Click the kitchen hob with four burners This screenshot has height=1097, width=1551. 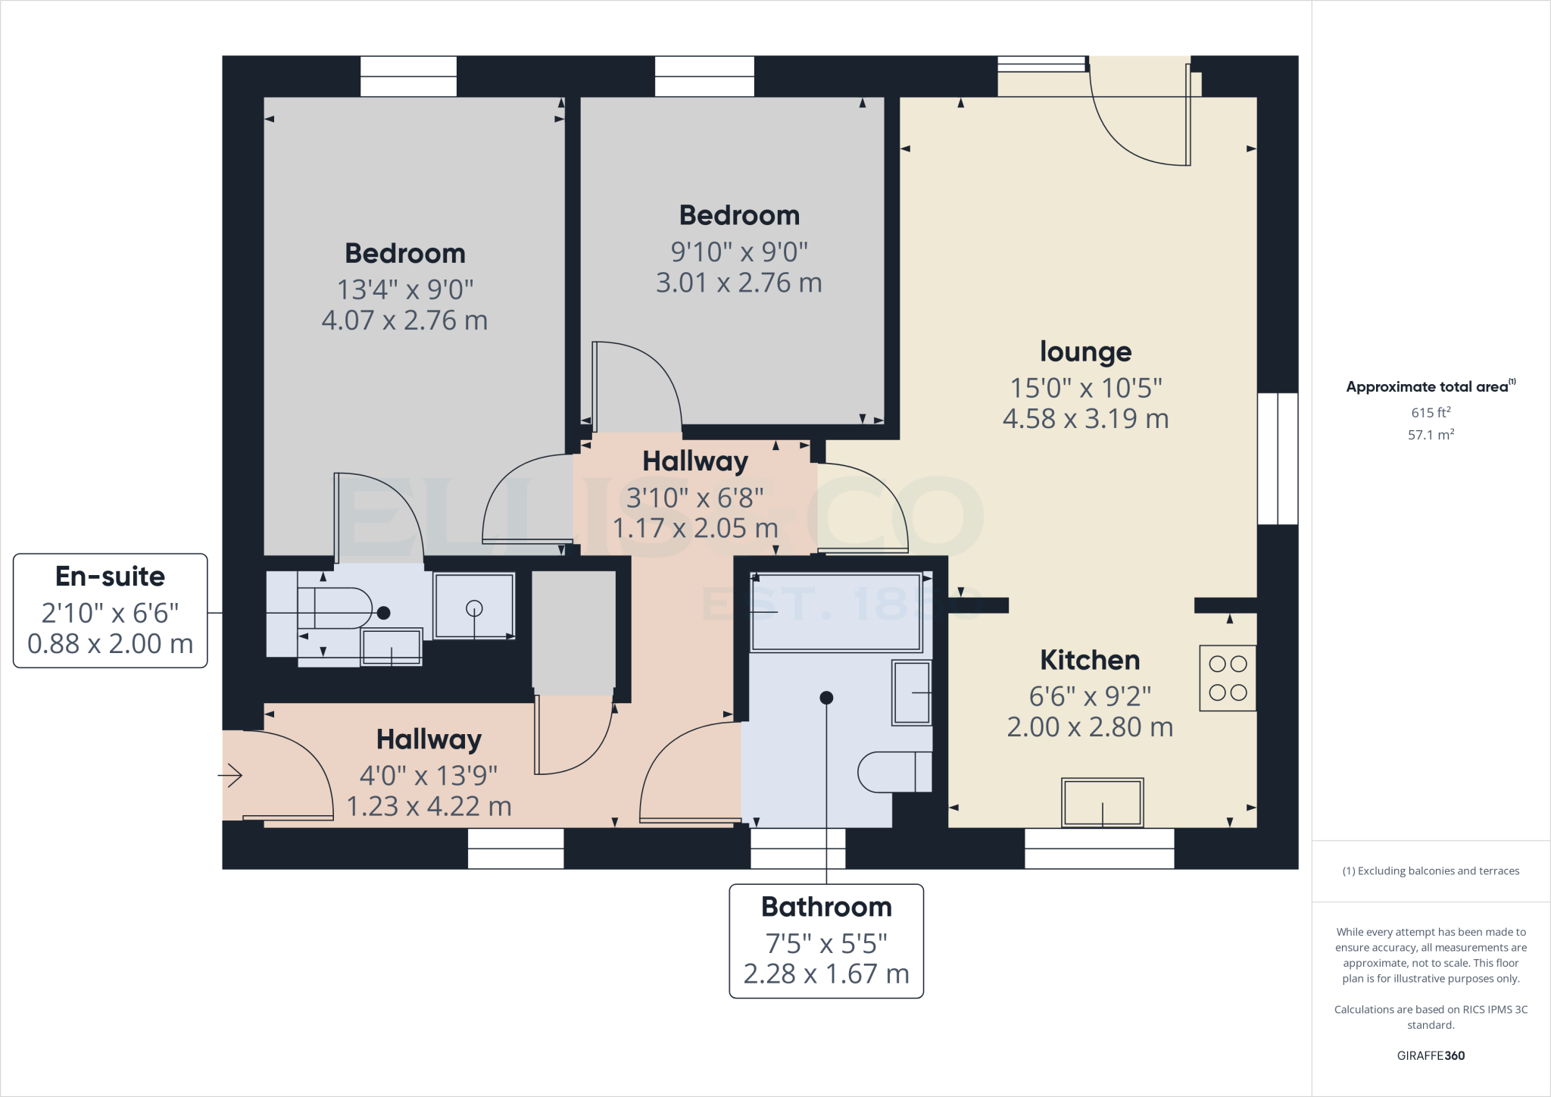[x=1228, y=678]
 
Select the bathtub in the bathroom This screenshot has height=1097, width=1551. [x=835, y=612]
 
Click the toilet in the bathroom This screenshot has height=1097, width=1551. [x=894, y=771]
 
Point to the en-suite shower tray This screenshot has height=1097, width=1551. [x=474, y=606]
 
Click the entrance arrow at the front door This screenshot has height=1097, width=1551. [x=229, y=775]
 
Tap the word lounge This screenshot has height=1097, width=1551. [x=1085, y=352]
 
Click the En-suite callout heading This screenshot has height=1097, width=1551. [x=111, y=577]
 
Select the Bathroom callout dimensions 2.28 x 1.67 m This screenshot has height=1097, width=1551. [x=825, y=974]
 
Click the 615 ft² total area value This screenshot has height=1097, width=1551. [x=1431, y=412]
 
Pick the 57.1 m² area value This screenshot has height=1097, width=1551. [x=1431, y=435]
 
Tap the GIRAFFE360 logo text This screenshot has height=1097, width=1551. [x=1431, y=1055]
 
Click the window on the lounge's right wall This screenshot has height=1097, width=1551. [x=1278, y=458]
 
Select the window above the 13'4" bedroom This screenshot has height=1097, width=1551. [x=408, y=77]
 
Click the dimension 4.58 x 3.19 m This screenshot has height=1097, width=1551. [x=1085, y=419]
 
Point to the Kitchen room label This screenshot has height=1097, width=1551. [x=1089, y=660]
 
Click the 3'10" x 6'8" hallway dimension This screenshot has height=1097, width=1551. [x=694, y=498]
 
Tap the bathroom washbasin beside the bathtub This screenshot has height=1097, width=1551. [x=912, y=692]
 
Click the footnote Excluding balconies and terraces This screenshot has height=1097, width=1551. [x=1431, y=871]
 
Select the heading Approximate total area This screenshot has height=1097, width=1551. [x=1428, y=387]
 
